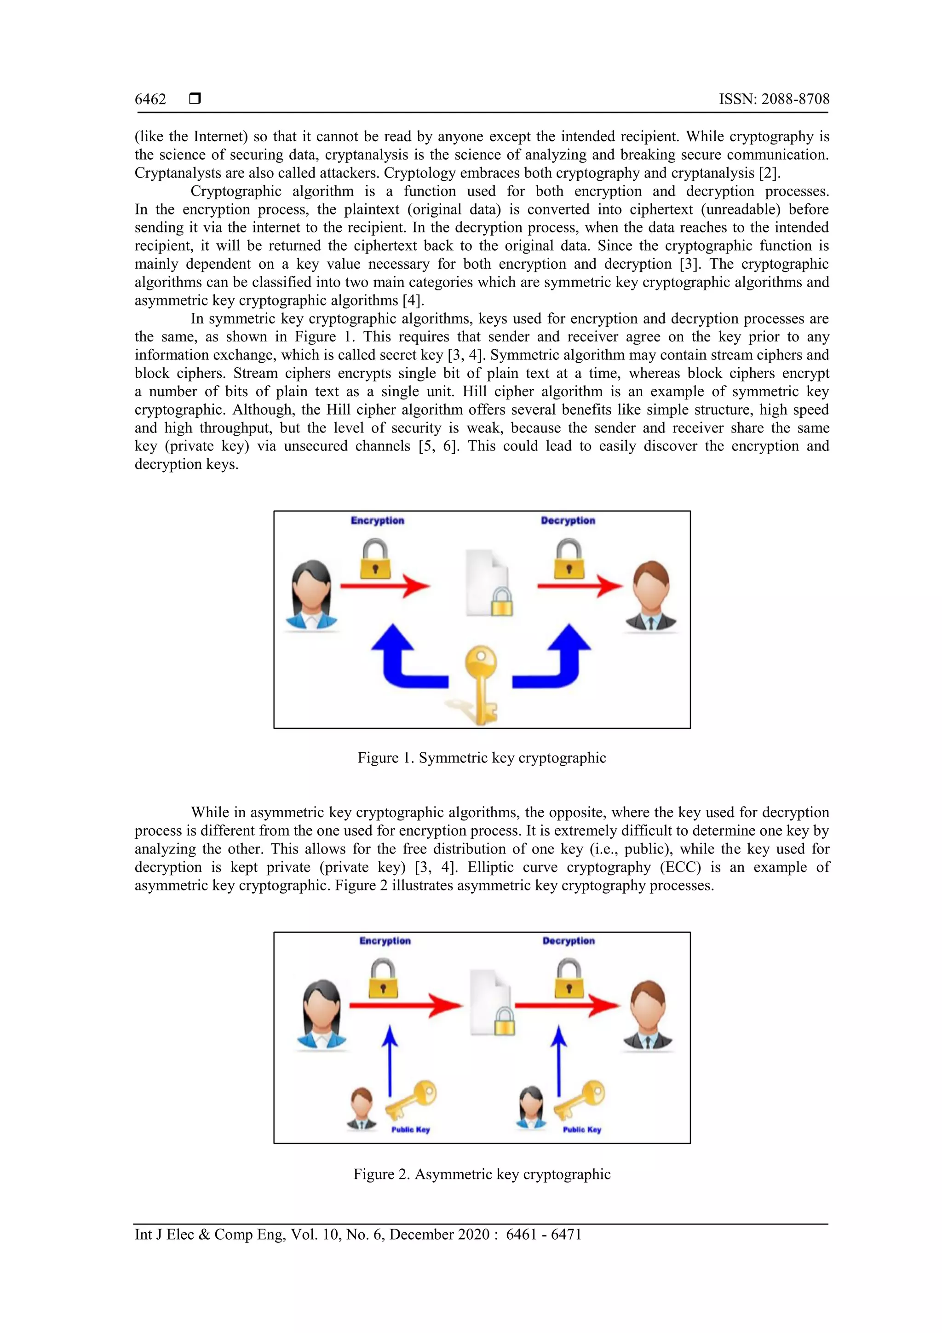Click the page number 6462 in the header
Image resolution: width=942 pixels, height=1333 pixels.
[150, 99]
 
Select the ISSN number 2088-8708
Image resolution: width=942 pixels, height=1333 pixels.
[795, 99]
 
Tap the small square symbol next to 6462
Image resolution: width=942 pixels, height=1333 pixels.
[195, 98]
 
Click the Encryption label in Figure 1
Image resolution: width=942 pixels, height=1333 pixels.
[377, 521]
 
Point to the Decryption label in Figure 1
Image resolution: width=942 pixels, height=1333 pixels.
[568, 521]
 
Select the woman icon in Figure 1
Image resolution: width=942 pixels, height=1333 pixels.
[312, 595]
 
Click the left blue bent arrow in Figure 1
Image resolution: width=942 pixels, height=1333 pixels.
[403, 659]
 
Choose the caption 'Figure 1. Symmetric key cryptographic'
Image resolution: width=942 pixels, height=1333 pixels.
[482, 758]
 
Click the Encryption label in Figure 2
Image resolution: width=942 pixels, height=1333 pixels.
[385, 941]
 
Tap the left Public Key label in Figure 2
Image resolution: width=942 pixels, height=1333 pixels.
[410, 1129]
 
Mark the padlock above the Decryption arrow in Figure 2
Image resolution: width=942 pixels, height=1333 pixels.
[569, 978]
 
